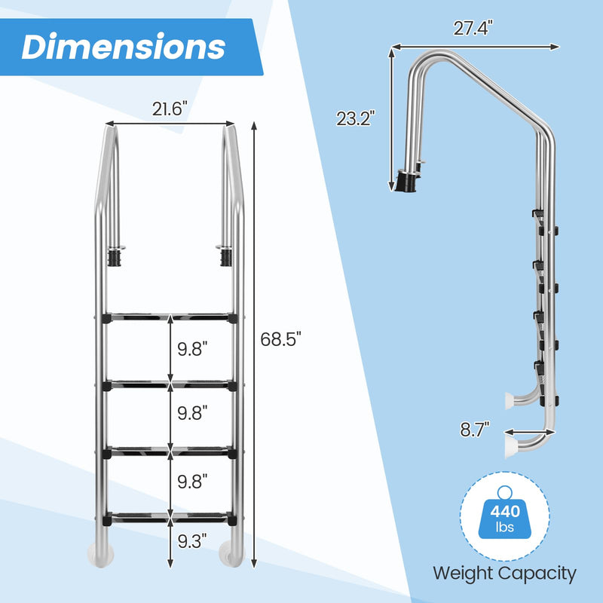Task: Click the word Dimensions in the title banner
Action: click(123, 46)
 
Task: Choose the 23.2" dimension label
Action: click(356, 118)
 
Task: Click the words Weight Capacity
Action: click(504, 573)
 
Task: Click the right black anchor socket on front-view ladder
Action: click(225, 257)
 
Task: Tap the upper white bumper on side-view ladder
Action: click(510, 400)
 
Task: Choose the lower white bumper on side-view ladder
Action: click(510, 448)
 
